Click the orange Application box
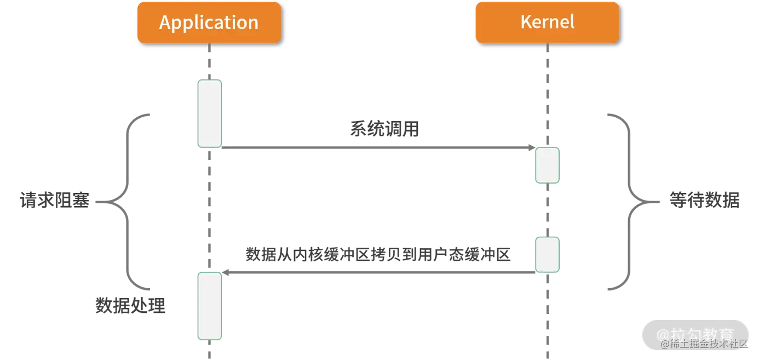(209, 22)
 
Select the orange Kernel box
(547, 22)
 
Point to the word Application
(209, 22)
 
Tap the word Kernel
(547, 22)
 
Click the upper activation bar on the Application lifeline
(210, 113)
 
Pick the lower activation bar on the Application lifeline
(210, 306)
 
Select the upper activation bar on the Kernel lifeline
(547, 164)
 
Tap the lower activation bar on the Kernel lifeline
(547, 254)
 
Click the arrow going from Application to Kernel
(372, 147)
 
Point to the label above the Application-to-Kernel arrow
(384, 130)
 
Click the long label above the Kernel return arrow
(378, 255)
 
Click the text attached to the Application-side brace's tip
(53, 201)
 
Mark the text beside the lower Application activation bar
(129, 305)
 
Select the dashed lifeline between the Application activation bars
(209, 208)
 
